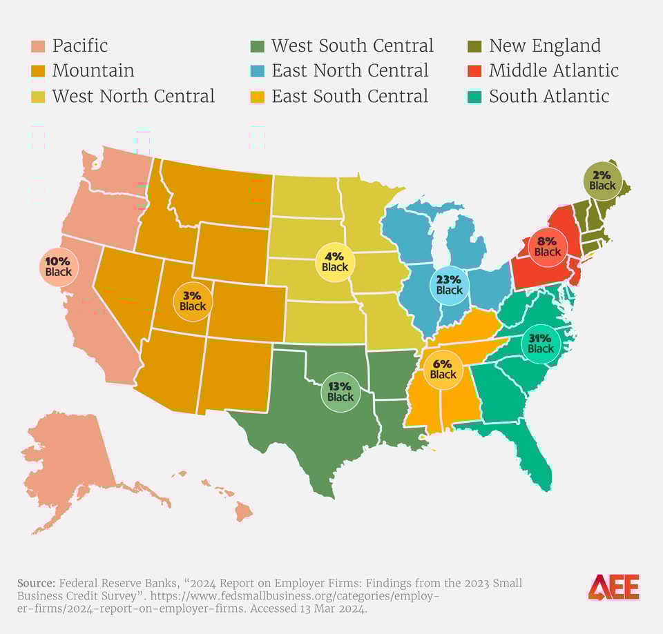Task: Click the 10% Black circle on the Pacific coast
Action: coord(58,266)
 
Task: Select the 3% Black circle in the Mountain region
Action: coord(193,300)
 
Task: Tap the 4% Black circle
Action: coord(335,261)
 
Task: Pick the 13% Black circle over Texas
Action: coord(340,391)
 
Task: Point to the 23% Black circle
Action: coord(449,284)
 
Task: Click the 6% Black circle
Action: coord(443,368)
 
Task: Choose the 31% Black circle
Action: coord(541,343)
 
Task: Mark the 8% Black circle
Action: coord(548,246)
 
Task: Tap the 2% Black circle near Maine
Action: coord(602,180)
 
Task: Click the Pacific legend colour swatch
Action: coord(38,47)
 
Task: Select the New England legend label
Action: coord(545,46)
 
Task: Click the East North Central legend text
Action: coord(350,71)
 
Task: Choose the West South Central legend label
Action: coord(352,46)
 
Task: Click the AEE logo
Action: coord(614,587)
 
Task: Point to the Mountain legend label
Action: coord(93,71)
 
